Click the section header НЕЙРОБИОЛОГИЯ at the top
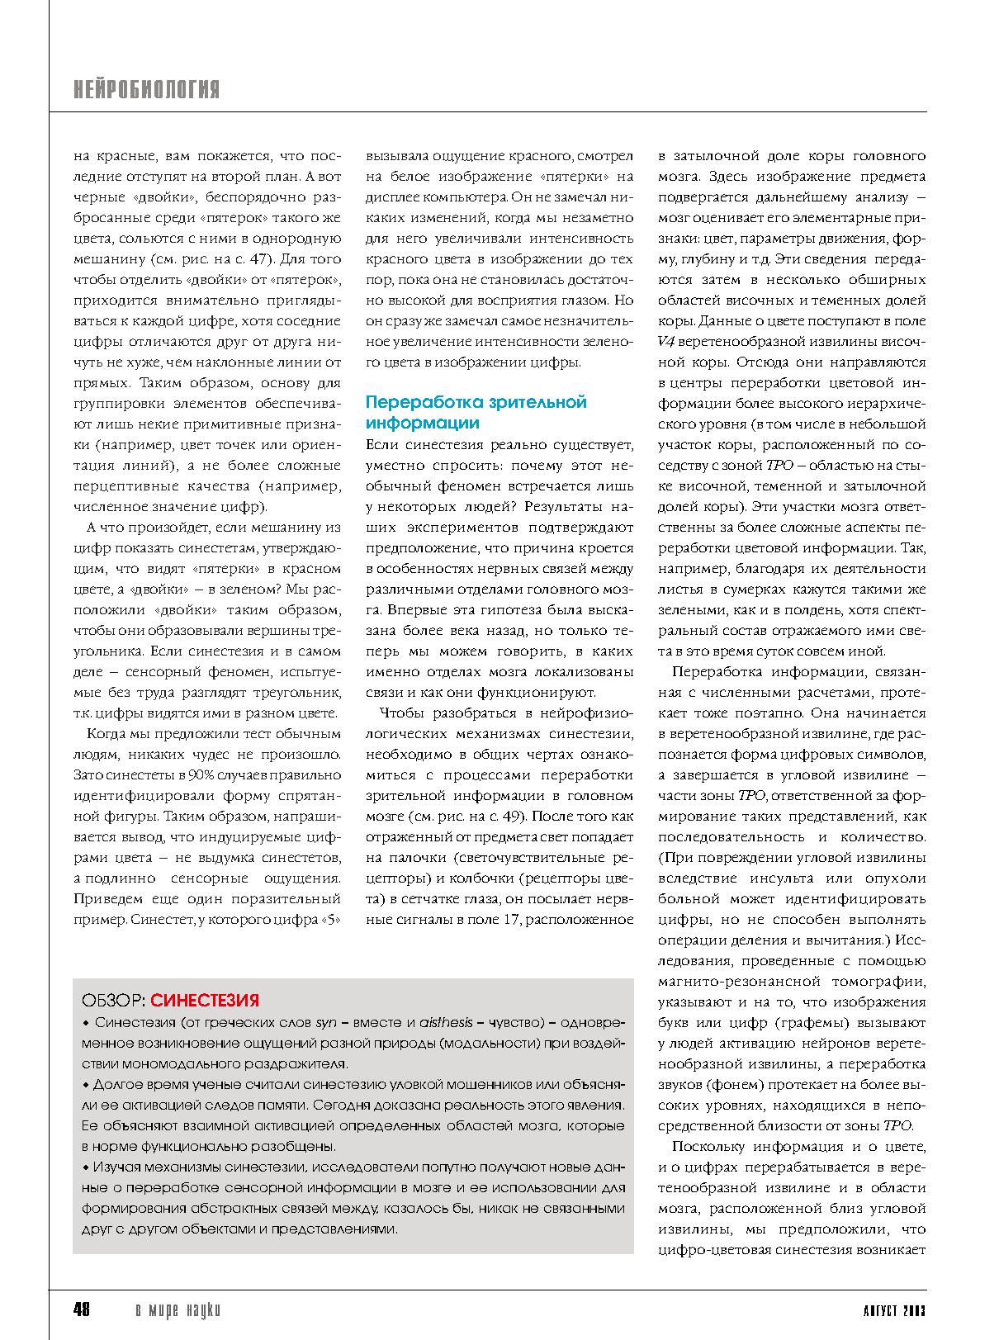(x=146, y=90)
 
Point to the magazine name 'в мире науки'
(x=178, y=1310)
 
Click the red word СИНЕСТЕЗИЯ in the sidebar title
(x=205, y=1001)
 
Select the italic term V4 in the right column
(x=666, y=342)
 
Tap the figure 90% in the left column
(x=202, y=775)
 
